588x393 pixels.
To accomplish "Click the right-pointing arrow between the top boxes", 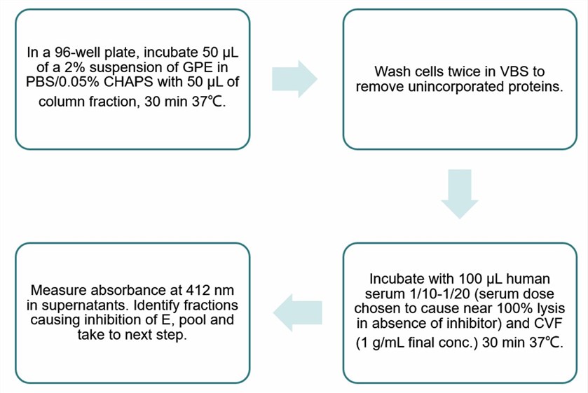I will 294,79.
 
